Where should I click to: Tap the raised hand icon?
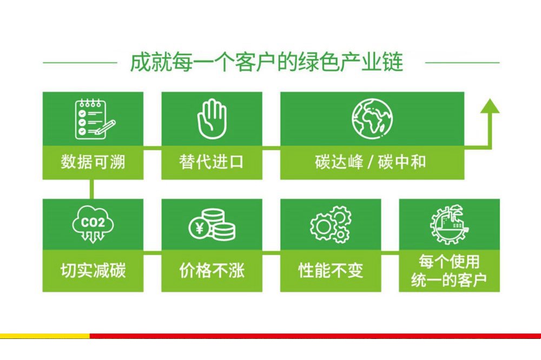pos(212,119)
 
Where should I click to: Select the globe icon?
pos(372,119)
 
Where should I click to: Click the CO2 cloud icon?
pos(93,224)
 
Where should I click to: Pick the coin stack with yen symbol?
pos(212,224)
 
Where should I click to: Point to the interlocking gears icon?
pos(331,224)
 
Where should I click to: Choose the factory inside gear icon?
pos(449,225)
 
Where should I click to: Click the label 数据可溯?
pos(93,162)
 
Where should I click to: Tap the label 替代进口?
pos(212,162)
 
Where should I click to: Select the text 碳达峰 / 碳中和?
pos(371,162)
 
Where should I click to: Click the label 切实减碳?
pos(93,270)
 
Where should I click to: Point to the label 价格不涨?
pos(212,270)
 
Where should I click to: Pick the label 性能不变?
pos(331,270)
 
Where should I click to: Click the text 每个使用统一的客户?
pos(449,271)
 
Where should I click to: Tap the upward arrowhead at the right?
pos(490,105)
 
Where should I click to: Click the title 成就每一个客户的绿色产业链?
pos(266,62)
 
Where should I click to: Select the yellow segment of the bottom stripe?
pos(45,336)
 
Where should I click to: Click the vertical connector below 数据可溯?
pos(91,189)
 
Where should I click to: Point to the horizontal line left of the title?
pos(80,63)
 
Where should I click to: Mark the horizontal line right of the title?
pos(463,63)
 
